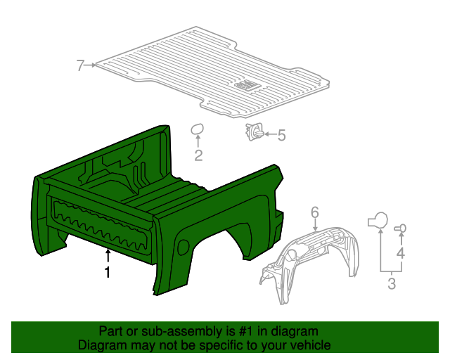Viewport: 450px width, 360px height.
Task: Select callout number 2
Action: click(198, 156)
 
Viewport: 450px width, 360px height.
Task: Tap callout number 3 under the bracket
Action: click(392, 284)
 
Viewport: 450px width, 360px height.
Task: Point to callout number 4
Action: click(401, 252)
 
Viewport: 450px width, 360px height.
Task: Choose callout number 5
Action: click(281, 135)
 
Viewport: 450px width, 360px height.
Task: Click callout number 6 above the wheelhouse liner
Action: click(315, 212)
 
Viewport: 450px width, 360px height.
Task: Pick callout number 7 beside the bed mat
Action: click(81, 66)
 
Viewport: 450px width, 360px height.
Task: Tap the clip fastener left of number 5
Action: click(254, 131)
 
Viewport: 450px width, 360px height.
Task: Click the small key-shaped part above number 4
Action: click(401, 228)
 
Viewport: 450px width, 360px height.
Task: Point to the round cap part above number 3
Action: click(378, 220)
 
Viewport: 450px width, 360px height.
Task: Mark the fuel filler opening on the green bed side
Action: click(184, 247)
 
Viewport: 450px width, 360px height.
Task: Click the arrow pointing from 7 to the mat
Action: click(92, 66)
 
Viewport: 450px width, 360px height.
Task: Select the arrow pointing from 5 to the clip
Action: click(270, 134)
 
